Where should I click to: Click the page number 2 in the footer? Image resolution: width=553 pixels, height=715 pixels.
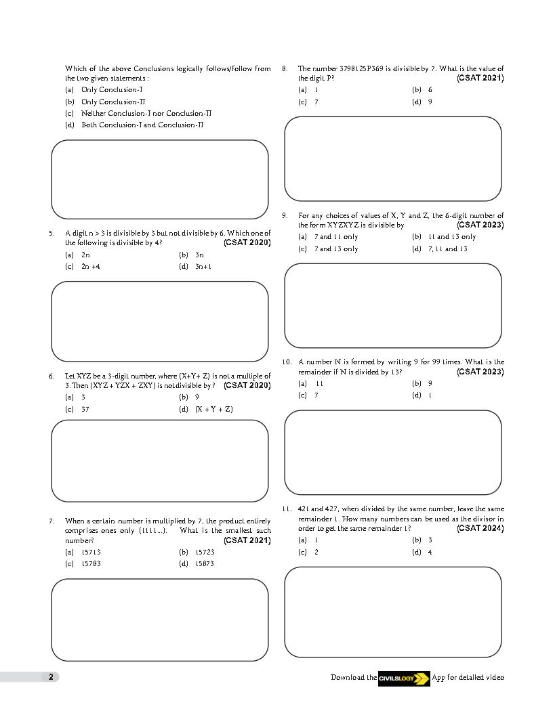pos(51,676)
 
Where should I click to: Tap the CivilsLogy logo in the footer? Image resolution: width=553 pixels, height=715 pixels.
pos(404,678)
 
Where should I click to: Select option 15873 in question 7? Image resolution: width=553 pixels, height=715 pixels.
pos(205,563)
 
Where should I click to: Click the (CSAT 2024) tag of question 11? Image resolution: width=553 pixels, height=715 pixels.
pos(480,528)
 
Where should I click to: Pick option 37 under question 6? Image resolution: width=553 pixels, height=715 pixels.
pos(85,409)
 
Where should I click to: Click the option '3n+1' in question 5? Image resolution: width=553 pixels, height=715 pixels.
pos(204,267)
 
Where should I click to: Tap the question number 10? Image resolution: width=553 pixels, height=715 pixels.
pos(287,362)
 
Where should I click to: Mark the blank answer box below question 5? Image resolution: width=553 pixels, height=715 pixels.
pos(160,322)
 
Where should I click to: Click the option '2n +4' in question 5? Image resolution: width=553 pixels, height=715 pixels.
pos(91,267)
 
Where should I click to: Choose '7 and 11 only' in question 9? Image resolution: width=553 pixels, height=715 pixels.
pos(336,237)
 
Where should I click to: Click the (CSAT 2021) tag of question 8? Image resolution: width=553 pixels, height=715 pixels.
pos(480,78)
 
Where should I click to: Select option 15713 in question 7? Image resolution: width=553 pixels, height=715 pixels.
pos(91,552)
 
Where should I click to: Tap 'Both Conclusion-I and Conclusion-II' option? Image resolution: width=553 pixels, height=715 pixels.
pos(142,125)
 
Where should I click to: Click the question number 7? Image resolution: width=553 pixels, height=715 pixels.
pos(52,521)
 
